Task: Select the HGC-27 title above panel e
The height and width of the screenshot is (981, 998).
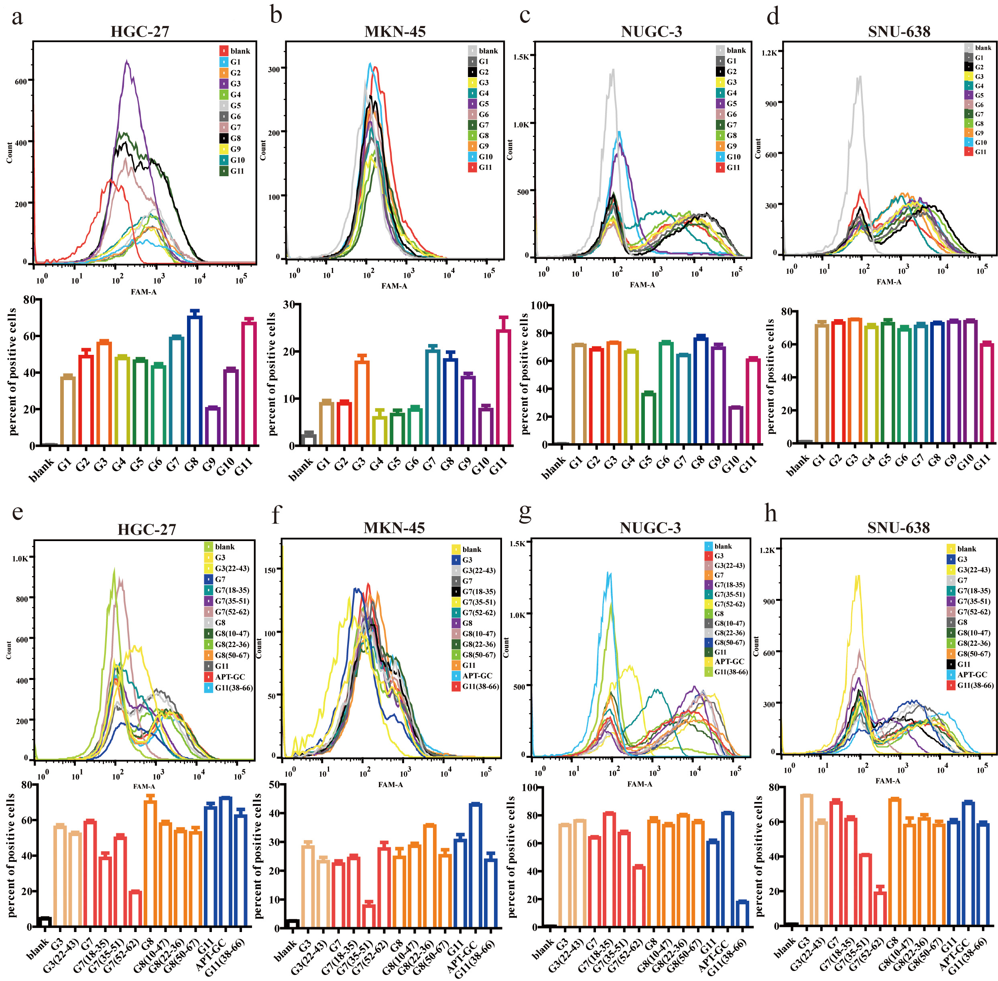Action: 147,530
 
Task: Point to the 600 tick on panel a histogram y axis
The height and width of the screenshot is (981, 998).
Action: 20,81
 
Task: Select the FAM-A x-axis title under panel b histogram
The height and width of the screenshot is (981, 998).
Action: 394,286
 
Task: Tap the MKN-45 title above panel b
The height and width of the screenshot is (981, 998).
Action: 395,32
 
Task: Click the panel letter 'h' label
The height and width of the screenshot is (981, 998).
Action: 770,514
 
